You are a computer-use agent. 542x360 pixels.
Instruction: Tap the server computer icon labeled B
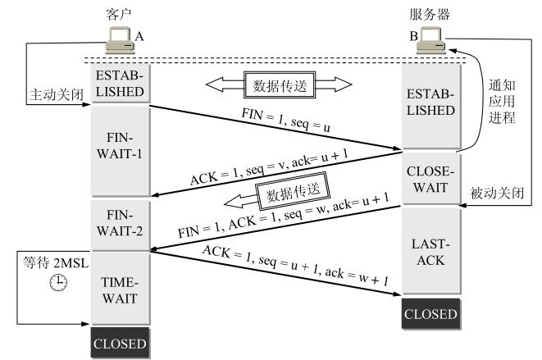[431, 39]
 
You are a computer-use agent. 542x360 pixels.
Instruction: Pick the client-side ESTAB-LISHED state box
[121, 83]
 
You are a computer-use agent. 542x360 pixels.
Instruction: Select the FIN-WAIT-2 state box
[121, 224]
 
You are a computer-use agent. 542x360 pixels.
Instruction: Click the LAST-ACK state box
[430, 253]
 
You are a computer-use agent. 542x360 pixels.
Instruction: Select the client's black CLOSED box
[121, 343]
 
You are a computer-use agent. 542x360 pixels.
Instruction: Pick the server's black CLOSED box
[430, 314]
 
